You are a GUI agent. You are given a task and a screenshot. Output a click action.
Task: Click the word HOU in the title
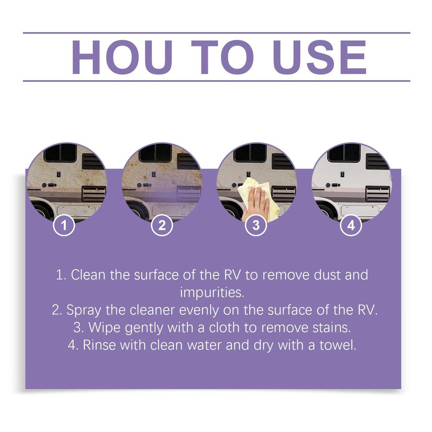(122, 57)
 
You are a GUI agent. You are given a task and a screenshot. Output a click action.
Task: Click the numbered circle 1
(64, 225)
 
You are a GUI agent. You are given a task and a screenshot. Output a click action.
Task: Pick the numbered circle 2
(162, 225)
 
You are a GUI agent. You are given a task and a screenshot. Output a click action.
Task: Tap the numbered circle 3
(256, 225)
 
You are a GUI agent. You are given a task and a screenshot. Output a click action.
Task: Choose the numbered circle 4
(351, 225)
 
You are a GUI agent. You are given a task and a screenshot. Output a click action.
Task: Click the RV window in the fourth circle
(344, 153)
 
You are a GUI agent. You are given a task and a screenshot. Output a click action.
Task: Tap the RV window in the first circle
(60, 153)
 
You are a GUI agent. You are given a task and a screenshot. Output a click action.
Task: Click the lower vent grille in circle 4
(378, 193)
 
